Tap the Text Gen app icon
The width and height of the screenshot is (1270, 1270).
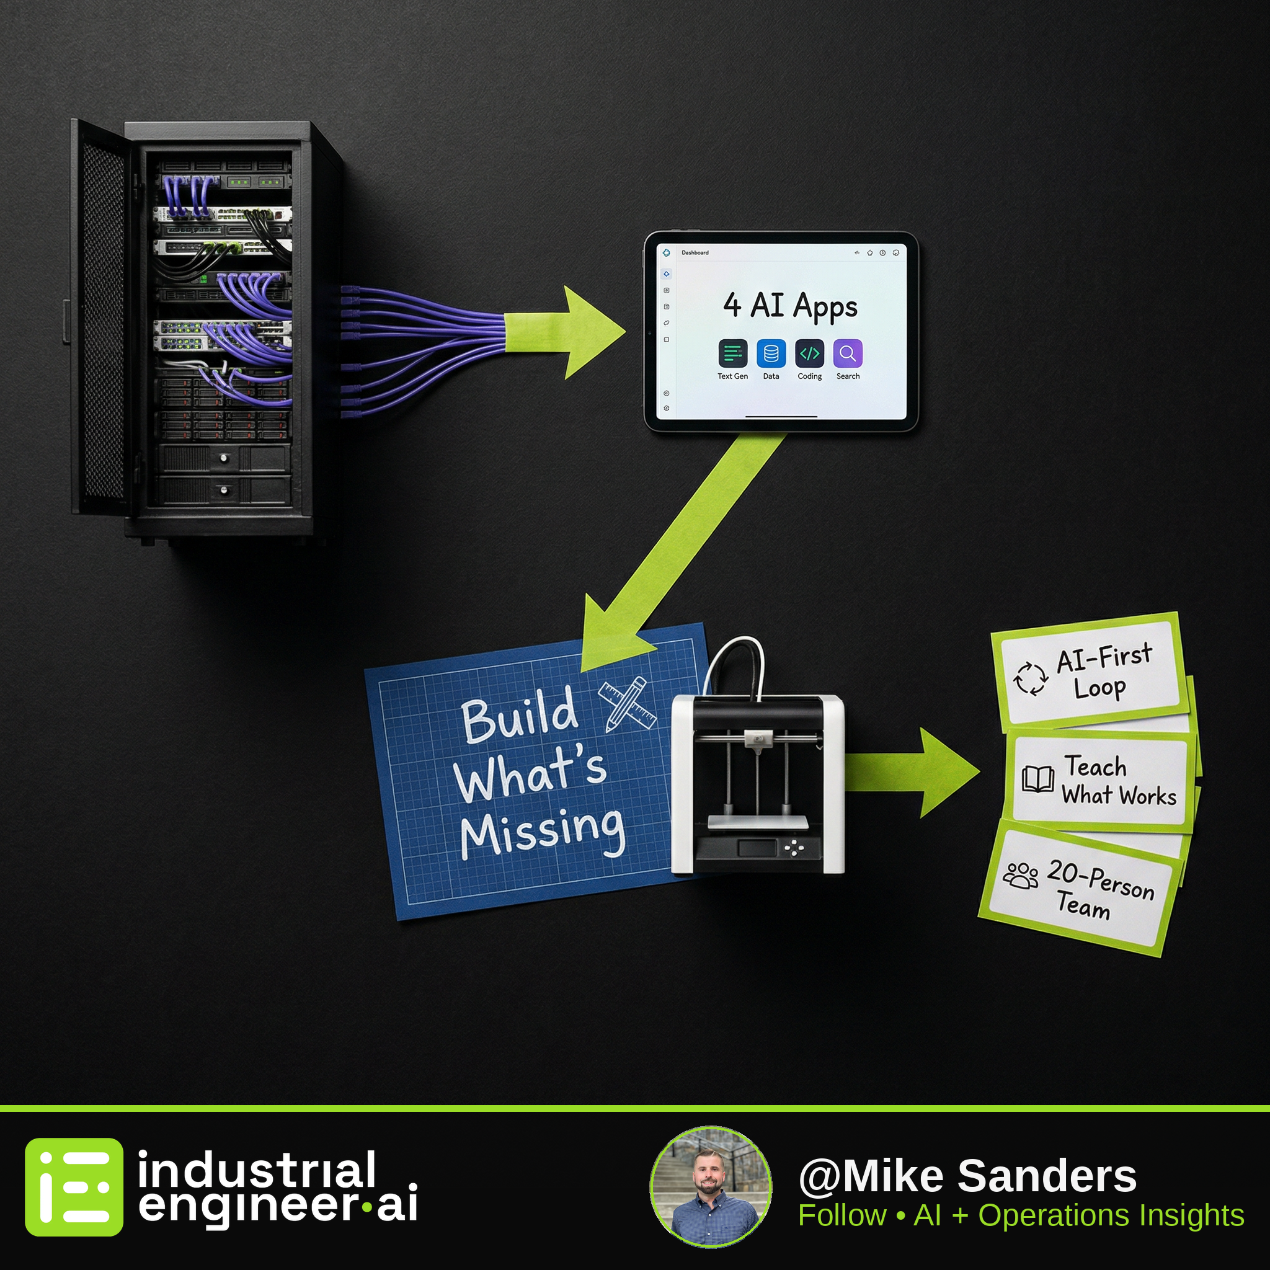pyautogui.click(x=732, y=353)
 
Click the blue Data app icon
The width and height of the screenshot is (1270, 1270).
pyautogui.click(x=771, y=353)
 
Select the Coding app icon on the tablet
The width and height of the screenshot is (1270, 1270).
pyautogui.click(x=809, y=353)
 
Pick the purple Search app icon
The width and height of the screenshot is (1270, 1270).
pyautogui.click(x=848, y=353)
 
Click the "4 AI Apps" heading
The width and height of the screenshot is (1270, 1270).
pyautogui.click(x=791, y=306)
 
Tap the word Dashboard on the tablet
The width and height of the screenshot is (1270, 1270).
pyautogui.click(x=695, y=252)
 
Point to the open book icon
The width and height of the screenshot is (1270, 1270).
pyautogui.click(x=1038, y=779)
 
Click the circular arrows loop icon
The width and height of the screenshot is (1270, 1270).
pyautogui.click(x=1030, y=678)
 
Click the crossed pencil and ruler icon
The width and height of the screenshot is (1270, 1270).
pyautogui.click(x=627, y=704)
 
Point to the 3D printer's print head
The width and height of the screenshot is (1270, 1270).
pyautogui.click(x=758, y=739)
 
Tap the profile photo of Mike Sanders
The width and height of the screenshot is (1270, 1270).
pyautogui.click(x=711, y=1188)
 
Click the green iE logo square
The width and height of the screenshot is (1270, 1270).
pyautogui.click(x=74, y=1187)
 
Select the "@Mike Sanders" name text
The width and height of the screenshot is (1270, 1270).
pyautogui.click(x=967, y=1176)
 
